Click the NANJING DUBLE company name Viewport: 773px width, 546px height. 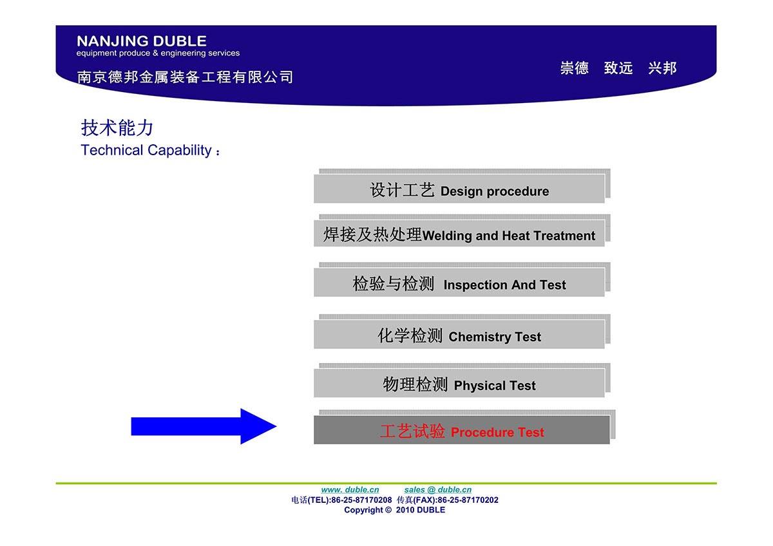click(142, 41)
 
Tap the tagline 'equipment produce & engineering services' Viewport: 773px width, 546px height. click(158, 53)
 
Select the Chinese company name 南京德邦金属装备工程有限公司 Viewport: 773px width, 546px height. click(185, 77)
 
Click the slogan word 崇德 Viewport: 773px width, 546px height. click(575, 68)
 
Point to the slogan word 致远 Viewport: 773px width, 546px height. click(618, 68)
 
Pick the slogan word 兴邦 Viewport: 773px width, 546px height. click(662, 68)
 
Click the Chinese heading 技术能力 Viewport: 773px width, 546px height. click(117, 127)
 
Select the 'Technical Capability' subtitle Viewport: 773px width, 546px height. click(151, 151)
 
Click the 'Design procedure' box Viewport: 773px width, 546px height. click(459, 189)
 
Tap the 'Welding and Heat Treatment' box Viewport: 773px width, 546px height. click(459, 233)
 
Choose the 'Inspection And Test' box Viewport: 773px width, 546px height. click(459, 282)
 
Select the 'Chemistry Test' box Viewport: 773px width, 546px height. click(459, 334)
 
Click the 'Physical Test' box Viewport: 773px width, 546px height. click(459, 383)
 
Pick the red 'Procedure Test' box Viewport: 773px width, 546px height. click(462, 429)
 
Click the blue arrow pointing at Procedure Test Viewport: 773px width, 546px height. click(204, 426)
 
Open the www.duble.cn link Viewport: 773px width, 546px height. click(350, 490)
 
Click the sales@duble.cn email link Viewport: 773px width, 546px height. click(438, 490)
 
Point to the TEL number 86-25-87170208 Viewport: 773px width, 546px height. click(361, 500)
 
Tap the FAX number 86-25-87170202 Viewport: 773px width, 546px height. click(468, 500)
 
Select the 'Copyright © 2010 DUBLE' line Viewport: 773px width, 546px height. click(395, 510)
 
